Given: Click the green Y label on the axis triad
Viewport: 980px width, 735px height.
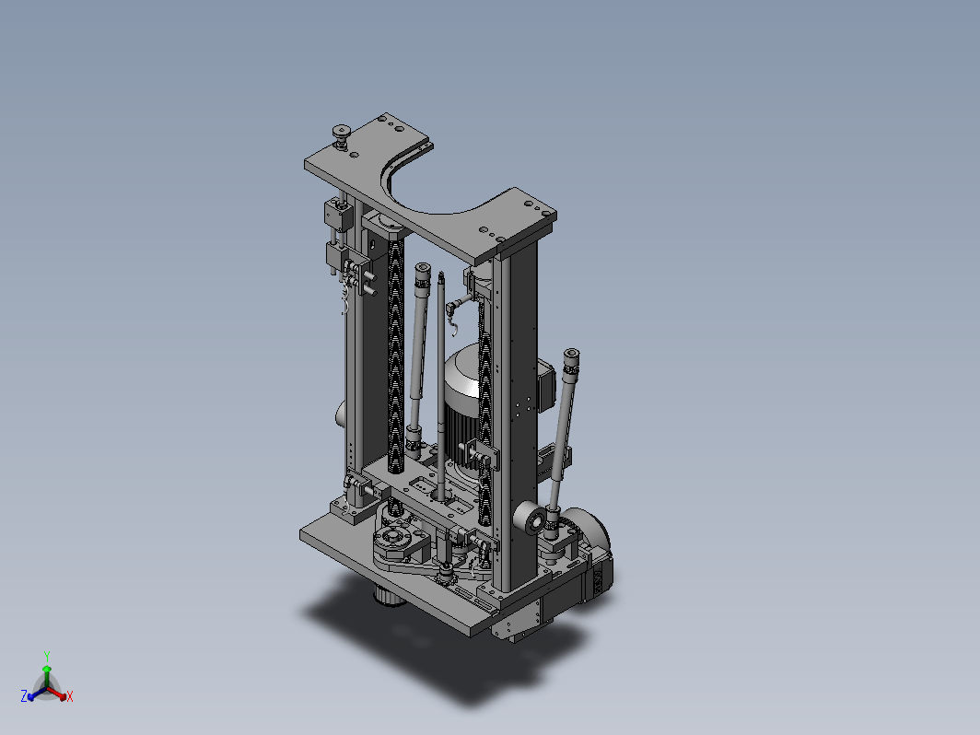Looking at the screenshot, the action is coord(47,656).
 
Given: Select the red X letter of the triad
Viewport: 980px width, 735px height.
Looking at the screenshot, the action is coord(69,696).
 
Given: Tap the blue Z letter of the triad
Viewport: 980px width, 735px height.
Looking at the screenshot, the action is coord(24,696).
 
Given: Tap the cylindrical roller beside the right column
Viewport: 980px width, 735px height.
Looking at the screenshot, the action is coord(530,519).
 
